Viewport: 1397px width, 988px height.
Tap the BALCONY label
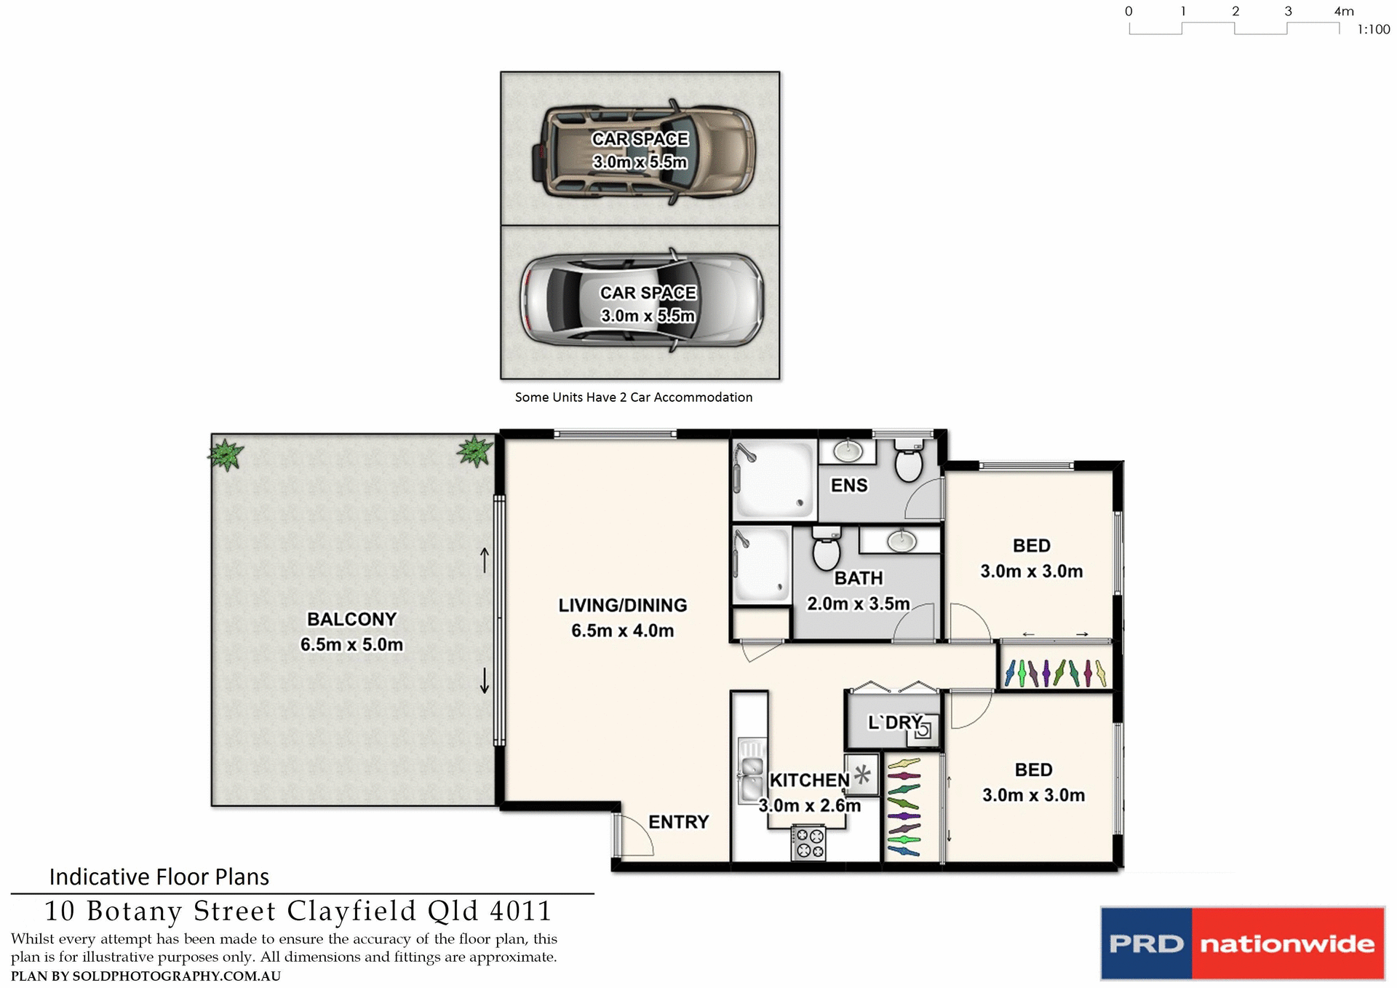[351, 619]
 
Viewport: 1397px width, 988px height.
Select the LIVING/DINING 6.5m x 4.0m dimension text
[622, 631]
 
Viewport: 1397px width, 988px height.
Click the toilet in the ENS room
[908, 463]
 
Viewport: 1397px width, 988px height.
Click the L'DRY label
[894, 722]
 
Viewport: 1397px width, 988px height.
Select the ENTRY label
[678, 822]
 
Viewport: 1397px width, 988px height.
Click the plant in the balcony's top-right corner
[475, 451]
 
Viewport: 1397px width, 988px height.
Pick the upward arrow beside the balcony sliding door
[485, 560]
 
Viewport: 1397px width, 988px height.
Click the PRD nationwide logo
[1242, 944]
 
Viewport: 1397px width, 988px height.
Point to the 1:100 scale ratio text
[1373, 30]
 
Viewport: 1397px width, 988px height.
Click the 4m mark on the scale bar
[1343, 12]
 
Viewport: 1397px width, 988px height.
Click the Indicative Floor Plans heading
[159, 877]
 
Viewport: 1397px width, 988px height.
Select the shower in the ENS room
[773, 479]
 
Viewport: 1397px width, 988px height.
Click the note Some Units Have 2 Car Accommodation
[633, 398]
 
